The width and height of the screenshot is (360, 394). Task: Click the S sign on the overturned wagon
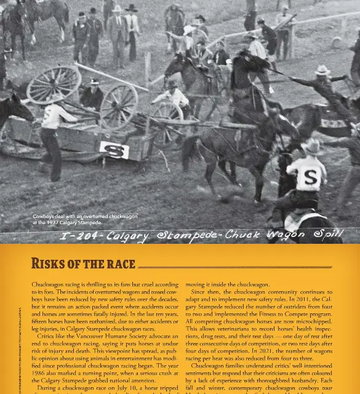coord(114,150)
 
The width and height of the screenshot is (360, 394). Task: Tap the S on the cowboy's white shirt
coord(311,178)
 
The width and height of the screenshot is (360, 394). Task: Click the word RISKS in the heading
coord(52,264)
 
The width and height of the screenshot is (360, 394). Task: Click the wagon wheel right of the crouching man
coord(119,107)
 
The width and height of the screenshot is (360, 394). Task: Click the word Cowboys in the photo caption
coord(44,217)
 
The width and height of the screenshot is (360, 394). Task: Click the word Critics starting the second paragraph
coord(47,336)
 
